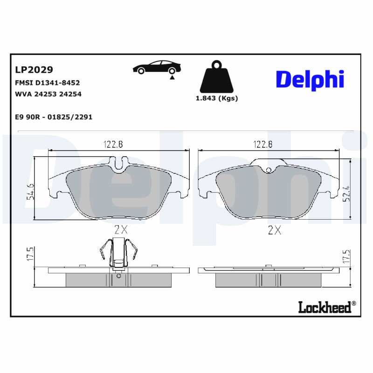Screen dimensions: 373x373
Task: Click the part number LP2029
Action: pyautogui.click(x=35, y=70)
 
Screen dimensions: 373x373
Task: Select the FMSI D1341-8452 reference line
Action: pyautogui.click(x=48, y=83)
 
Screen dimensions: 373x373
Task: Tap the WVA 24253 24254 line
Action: pyautogui.click(x=48, y=94)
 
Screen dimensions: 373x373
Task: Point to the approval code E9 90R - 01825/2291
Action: pyautogui.click(x=54, y=117)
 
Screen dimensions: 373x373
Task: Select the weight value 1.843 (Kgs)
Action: pyautogui.click(x=216, y=98)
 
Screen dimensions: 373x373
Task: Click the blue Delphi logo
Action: pyautogui.click(x=310, y=79)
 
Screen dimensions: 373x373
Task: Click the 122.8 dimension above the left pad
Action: pyautogui.click(x=113, y=145)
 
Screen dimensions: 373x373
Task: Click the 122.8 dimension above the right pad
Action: pyautogui.click(x=262, y=145)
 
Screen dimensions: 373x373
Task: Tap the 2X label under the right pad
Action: pyautogui.click(x=275, y=229)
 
